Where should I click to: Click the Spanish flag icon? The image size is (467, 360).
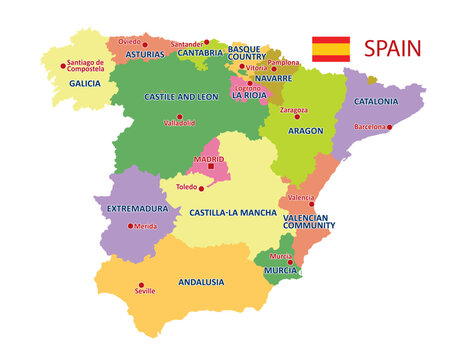pyautogui.click(x=331, y=49)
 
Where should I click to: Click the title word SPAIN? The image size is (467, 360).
pyautogui.click(x=392, y=48)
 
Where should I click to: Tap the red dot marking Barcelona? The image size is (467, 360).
pyautogui.click(x=389, y=127)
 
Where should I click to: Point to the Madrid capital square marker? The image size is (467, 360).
pyautogui.click(x=210, y=166)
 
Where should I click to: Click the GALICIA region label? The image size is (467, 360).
pyautogui.click(x=86, y=84)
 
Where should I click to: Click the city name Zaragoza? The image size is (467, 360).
pyautogui.click(x=294, y=109)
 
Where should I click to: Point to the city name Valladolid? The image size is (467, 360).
pyautogui.click(x=179, y=123)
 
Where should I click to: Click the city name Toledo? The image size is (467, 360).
pyautogui.click(x=187, y=186)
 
